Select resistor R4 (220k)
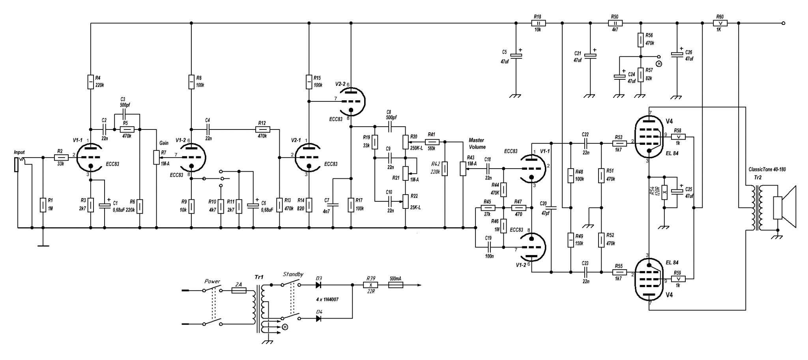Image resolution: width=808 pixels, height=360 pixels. [x=91, y=82]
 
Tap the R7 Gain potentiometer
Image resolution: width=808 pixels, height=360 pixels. [x=157, y=157]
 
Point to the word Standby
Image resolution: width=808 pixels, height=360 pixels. [x=293, y=274]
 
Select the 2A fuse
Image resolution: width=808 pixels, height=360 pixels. [x=239, y=291]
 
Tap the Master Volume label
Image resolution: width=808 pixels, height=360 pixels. [x=477, y=143]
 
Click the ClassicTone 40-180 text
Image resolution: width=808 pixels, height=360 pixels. [x=767, y=169]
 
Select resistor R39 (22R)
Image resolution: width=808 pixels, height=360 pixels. [x=370, y=285]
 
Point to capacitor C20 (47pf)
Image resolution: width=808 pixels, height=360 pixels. [x=551, y=208]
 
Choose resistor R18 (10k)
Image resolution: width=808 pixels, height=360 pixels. [x=537, y=23]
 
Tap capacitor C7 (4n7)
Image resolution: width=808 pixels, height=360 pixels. [x=333, y=205]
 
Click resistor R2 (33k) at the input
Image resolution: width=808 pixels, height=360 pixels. [x=61, y=157]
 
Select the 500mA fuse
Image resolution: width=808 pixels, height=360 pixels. [x=396, y=285]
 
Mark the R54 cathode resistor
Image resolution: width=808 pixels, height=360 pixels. [x=664, y=192]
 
